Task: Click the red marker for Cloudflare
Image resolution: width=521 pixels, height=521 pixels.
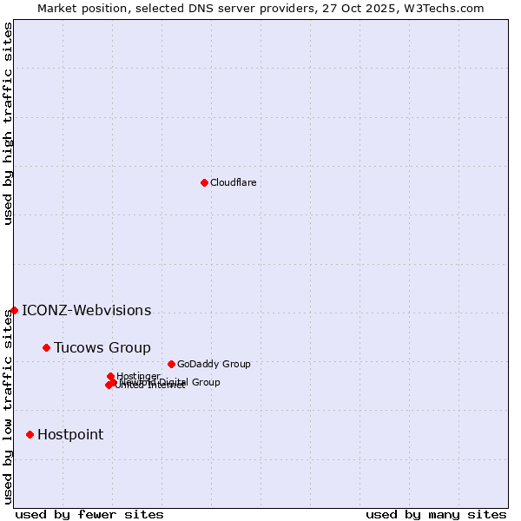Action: pyautogui.click(x=204, y=182)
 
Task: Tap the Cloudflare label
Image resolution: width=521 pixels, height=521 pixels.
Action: pyautogui.click(x=233, y=182)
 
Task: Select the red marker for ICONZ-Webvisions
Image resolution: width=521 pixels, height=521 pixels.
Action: pyautogui.click(x=14, y=310)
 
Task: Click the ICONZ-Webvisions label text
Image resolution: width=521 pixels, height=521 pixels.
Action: pyautogui.click(x=86, y=311)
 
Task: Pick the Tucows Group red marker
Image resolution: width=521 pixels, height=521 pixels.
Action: pyautogui.click(x=46, y=347)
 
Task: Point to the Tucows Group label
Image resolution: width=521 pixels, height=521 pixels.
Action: pyautogui.click(x=102, y=348)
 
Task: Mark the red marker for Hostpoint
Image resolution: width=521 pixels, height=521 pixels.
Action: pyautogui.click(x=30, y=434)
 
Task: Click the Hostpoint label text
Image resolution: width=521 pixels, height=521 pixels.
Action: pyautogui.click(x=69, y=435)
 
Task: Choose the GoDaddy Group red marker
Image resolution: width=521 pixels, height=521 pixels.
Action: pyautogui.click(x=171, y=364)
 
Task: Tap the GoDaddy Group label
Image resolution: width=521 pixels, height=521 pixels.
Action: pyautogui.click(x=213, y=364)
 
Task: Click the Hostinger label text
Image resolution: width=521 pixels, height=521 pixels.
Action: pyautogui.click(x=138, y=376)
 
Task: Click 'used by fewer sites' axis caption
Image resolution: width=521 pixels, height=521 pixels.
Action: pyautogui.click(x=89, y=514)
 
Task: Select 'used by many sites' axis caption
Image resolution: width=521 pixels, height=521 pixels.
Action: pyautogui.click(x=436, y=514)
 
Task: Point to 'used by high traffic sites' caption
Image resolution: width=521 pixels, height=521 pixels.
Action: pyautogui.click(x=8, y=123)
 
